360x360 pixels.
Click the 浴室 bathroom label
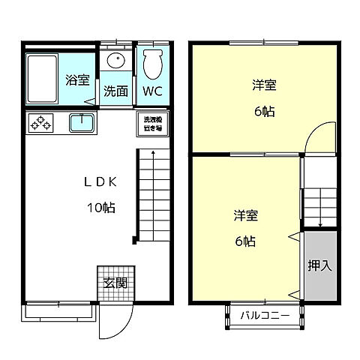[77, 80]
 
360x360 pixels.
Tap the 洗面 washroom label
[115, 92]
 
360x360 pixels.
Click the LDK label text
[99, 182]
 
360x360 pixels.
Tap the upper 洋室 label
[264, 85]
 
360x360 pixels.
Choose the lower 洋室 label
[244, 216]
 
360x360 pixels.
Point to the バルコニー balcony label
[265, 316]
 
